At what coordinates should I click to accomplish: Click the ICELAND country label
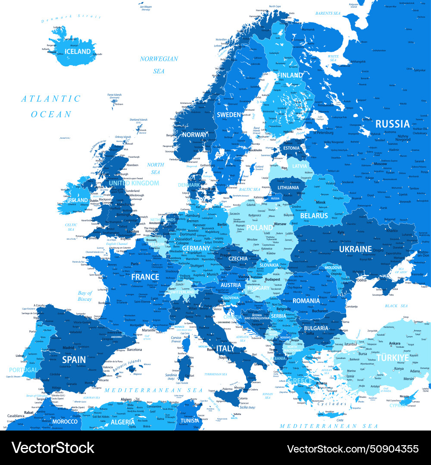[x=78, y=52]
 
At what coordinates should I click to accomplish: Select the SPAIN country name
[x=74, y=359]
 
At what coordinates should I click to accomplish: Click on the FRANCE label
[x=145, y=277]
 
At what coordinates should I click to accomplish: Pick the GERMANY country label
[x=196, y=248]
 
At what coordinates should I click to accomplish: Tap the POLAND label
[x=260, y=228]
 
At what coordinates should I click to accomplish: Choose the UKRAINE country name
[x=355, y=249]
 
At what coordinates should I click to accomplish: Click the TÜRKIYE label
[x=393, y=358]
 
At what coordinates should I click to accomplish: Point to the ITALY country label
[x=225, y=348]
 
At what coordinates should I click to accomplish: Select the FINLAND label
[x=290, y=75]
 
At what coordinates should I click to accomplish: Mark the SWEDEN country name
[x=228, y=115]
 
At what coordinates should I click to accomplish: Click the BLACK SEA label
[x=397, y=306]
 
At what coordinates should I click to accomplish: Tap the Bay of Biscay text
[x=85, y=296]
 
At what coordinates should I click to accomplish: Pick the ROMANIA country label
[x=306, y=301]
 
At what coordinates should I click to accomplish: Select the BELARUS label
[x=314, y=215]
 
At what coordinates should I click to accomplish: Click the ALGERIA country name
[x=122, y=422]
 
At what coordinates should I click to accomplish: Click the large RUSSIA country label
[x=392, y=124]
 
